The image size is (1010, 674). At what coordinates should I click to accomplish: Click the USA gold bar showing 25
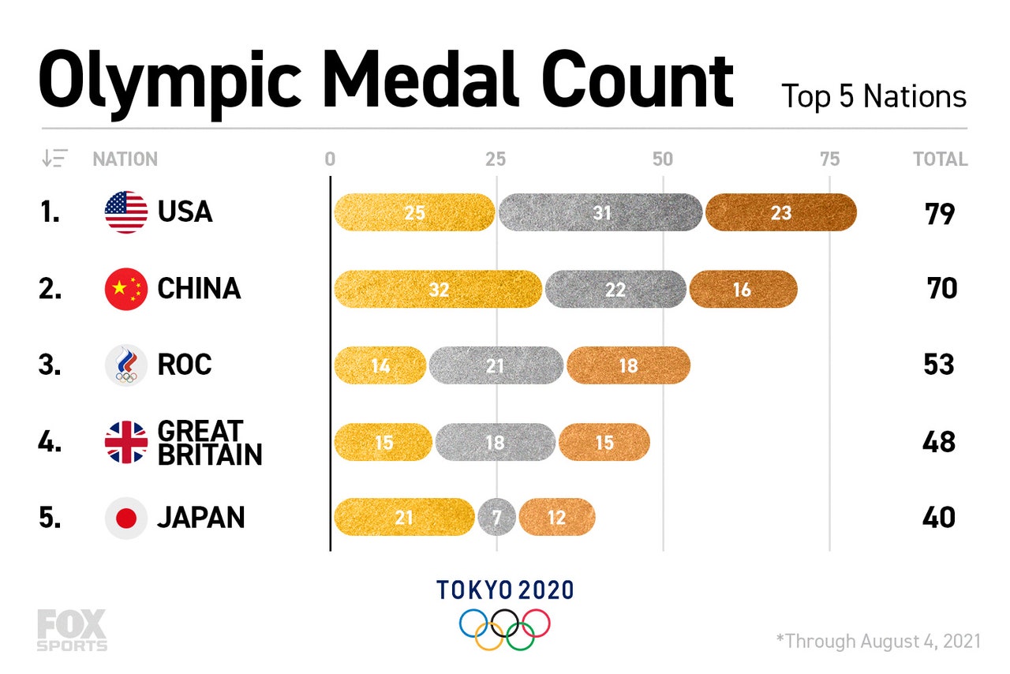pyautogui.click(x=414, y=212)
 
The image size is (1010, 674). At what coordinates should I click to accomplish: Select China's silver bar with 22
pyautogui.click(x=615, y=290)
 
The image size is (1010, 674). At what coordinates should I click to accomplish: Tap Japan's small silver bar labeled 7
pyautogui.click(x=496, y=518)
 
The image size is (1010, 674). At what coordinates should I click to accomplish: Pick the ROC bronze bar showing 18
pyautogui.click(x=628, y=365)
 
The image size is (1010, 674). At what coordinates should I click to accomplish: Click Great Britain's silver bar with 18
pyautogui.click(x=495, y=442)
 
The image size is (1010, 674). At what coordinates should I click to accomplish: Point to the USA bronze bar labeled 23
pyautogui.click(x=780, y=212)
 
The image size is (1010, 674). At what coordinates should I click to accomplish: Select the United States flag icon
pyautogui.click(x=126, y=212)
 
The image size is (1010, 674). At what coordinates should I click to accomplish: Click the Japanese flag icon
pyautogui.click(x=126, y=518)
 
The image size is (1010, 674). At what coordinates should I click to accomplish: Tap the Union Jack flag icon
pyautogui.click(x=126, y=442)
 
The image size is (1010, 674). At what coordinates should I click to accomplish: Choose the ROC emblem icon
pyautogui.click(x=126, y=365)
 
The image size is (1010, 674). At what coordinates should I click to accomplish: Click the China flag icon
pyautogui.click(x=126, y=290)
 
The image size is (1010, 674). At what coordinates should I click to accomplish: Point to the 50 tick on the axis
pyautogui.click(x=662, y=159)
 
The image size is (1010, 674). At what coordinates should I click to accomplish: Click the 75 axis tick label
pyautogui.click(x=829, y=159)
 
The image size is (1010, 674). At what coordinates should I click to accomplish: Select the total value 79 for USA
pyautogui.click(x=940, y=214)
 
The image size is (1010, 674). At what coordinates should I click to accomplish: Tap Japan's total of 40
pyautogui.click(x=940, y=519)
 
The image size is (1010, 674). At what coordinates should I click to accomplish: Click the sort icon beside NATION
pyautogui.click(x=54, y=159)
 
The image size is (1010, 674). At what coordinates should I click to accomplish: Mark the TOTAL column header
pyautogui.click(x=940, y=159)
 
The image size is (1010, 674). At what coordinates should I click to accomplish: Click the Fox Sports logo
pyautogui.click(x=71, y=630)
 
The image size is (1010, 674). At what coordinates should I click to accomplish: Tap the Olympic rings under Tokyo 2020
pyautogui.click(x=505, y=628)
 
